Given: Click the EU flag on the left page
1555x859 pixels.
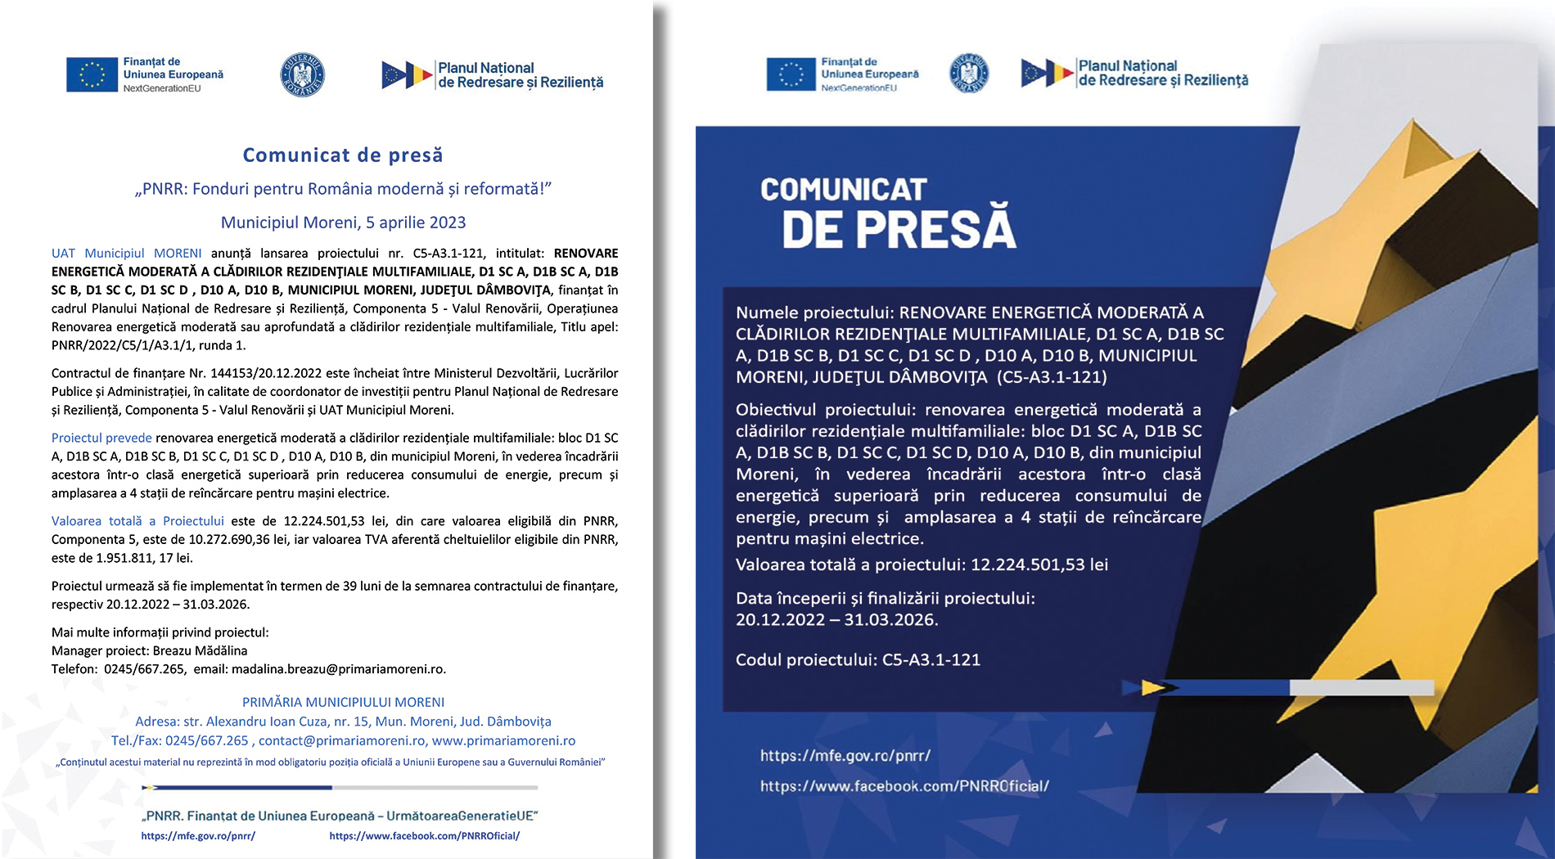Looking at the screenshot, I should (x=92, y=74).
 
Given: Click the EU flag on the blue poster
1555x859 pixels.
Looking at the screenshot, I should (x=791, y=74).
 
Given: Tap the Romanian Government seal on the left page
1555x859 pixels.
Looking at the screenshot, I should (x=302, y=75).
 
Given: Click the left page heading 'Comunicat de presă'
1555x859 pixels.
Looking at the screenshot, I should (x=343, y=155).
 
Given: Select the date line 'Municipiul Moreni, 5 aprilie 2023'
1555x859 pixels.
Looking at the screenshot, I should (x=343, y=223).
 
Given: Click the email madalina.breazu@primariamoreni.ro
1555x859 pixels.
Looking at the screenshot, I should (x=339, y=668).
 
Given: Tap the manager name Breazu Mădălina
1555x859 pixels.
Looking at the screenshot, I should (x=200, y=650).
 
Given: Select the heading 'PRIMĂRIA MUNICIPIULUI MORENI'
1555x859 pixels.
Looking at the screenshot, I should (x=343, y=702).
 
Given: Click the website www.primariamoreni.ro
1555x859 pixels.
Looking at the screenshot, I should (x=503, y=740).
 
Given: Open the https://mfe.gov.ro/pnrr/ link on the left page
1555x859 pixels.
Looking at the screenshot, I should (x=198, y=836).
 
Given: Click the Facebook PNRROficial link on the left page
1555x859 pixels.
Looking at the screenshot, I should (x=424, y=836).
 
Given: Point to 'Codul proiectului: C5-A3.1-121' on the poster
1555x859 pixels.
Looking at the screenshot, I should (x=858, y=659).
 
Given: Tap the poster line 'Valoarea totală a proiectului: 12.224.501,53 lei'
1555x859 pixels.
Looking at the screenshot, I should (x=922, y=564).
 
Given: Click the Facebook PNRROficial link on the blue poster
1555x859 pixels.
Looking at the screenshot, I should (x=904, y=786).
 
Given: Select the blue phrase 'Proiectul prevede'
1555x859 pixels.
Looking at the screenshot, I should (x=101, y=438).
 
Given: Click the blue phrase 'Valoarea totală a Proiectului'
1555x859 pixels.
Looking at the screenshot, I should (x=137, y=521).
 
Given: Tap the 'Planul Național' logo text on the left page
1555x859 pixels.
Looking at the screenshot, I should (x=485, y=68).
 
